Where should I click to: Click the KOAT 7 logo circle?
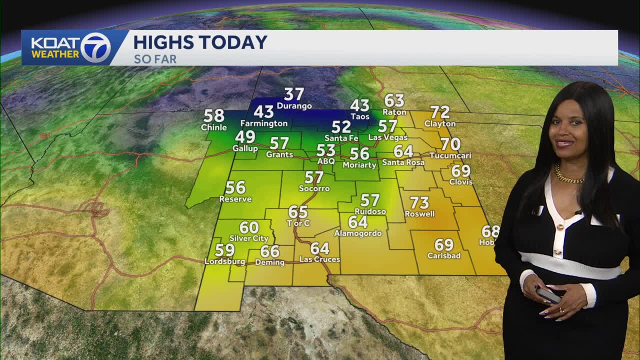click(x=95, y=48)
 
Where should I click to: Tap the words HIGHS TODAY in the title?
click(x=200, y=42)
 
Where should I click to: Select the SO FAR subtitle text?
click(x=155, y=59)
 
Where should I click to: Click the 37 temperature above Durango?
click(x=294, y=94)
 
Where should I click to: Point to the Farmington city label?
click(x=264, y=123)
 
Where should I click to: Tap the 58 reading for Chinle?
click(x=214, y=116)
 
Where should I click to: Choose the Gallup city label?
click(x=245, y=148)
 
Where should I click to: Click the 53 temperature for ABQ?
click(x=325, y=150)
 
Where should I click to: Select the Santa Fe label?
click(x=341, y=138)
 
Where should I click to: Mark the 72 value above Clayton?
click(x=440, y=112)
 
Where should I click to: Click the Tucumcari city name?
click(x=450, y=155)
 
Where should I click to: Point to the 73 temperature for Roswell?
click(x=419, y=202)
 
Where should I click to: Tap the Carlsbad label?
click(x=444, y=255)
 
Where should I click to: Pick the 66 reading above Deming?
click(x=269, y=251)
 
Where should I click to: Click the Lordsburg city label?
click(x=225, y=261)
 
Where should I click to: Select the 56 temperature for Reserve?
click(x=235, y=187)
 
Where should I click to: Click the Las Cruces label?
click(x=319, y=259)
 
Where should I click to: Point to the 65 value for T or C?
click(x=298, y=211)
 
